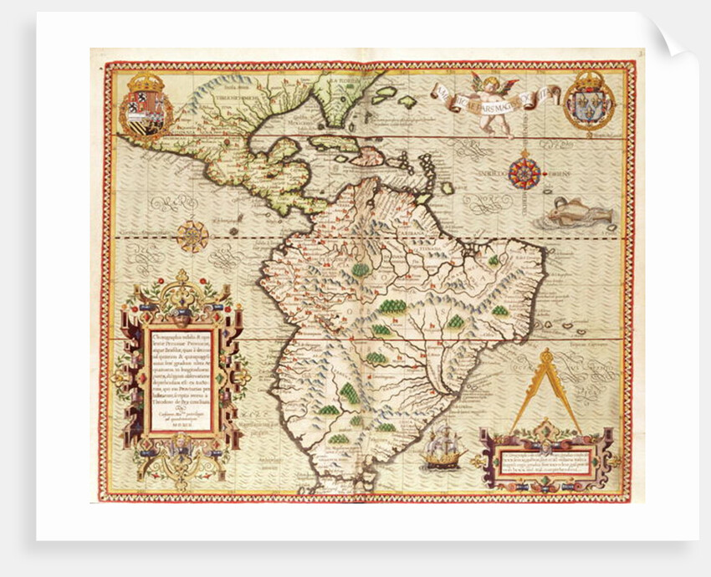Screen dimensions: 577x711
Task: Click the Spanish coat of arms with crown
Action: [146, 104]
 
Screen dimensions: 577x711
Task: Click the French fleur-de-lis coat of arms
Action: [589, 101]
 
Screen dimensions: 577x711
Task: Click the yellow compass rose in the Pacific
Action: [192, 235]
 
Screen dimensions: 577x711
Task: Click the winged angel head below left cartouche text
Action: [182, 448]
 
